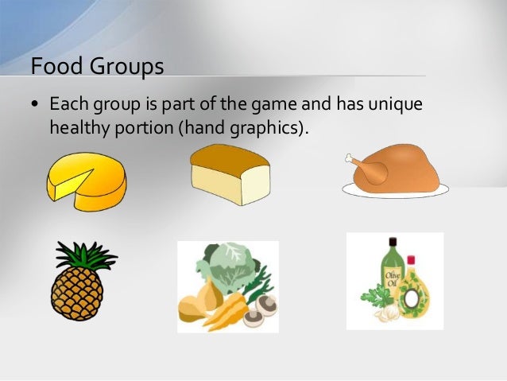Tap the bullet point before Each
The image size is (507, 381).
36,105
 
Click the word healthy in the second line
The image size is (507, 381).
77,127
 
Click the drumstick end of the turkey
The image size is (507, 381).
353,158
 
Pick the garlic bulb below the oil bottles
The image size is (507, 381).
390,314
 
